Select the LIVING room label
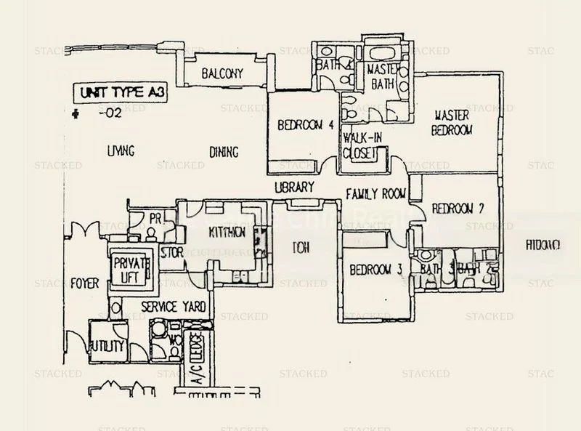(121, 151)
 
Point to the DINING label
(223, 152)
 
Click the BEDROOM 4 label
(305, 125)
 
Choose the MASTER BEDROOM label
(452, 122)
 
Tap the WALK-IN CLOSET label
(363, 145)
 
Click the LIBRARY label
(294, 187)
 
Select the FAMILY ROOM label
(375, 194)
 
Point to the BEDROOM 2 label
(458, 209)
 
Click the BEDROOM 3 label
(375, 269)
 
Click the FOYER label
(85, 283)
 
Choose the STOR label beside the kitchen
(171, 253)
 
